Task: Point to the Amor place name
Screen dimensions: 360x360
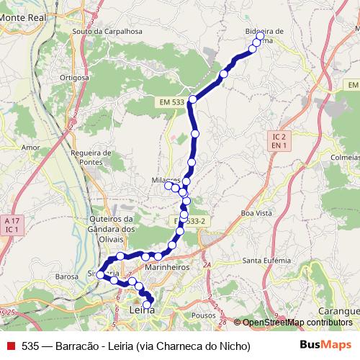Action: click(x=30, y=147)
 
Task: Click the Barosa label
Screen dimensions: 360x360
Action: click(x=66, y=276)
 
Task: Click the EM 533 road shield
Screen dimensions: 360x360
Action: click(x=171, y=103)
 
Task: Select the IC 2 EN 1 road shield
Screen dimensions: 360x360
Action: click(x=280, y=140)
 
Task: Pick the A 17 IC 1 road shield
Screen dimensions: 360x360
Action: click(x=10, y=225)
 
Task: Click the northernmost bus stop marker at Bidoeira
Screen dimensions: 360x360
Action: click(x=259, y=35)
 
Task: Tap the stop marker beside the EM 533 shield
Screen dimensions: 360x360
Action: click(x=193, y=99)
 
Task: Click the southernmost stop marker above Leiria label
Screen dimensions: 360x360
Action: click(x=148, y=305)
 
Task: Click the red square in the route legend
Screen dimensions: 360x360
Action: click(x=11, y=346)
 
